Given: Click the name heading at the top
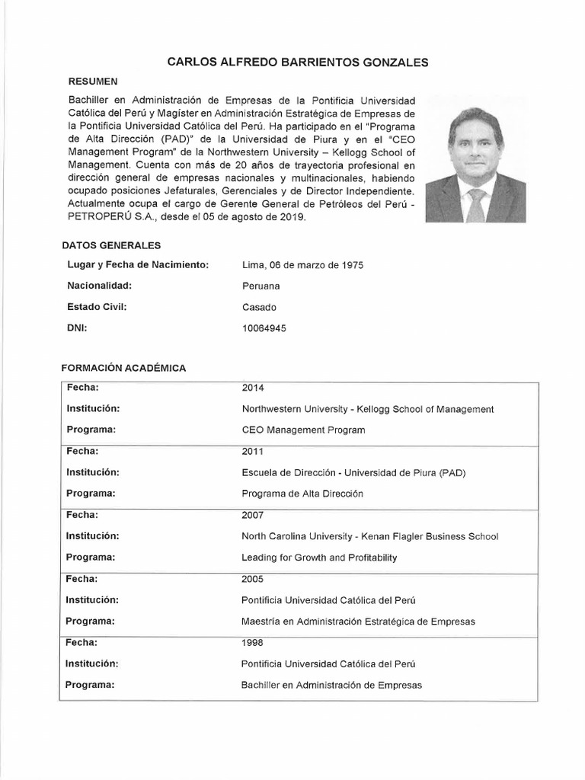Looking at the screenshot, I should (x=292, y=62).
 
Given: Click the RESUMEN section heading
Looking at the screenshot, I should (x=92, y=80).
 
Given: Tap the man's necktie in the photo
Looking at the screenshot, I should (x=476, y=203).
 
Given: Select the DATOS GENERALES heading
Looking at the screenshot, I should (x=110, y=245).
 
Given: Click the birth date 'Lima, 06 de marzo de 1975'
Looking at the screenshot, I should (x=302, y=265).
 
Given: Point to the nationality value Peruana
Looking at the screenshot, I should (x=261, y=286).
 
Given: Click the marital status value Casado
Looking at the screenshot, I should (x=259, y=307).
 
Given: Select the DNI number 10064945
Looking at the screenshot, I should (x=264, y=328).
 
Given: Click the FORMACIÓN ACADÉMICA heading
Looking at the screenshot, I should (x=123, y=368).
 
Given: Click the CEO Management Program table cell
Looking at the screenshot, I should (x=302, y=430).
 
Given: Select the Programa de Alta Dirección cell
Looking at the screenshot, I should (x=302, y=494).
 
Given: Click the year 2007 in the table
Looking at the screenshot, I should (x=253, y=515).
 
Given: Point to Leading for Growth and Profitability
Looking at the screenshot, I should (x=319, y=558).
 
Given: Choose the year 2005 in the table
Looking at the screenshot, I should (x=253, y=579).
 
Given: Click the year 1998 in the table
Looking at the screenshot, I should (x=253, y=643).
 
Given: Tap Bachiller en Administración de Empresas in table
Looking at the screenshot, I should (x=331, y=685).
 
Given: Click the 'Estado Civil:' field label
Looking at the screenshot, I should (x=96, y=307).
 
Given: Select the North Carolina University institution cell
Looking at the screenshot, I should (x=369, y=536).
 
